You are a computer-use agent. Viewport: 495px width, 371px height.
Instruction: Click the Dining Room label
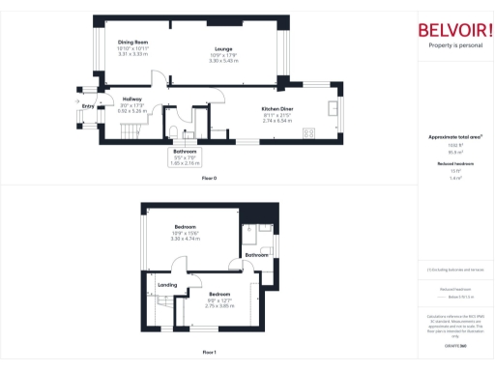click(132, 43)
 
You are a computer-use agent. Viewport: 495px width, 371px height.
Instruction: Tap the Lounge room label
click(223, 47)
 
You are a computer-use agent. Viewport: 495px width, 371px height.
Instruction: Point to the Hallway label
click(132, 100)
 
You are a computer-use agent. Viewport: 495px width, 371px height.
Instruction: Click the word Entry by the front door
click(88, 105)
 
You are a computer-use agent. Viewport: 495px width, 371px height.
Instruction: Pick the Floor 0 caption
click(209, 179)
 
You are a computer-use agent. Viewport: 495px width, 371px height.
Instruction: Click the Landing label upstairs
click(167, 285)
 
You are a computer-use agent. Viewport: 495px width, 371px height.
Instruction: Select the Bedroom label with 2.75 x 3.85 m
click(220, 293)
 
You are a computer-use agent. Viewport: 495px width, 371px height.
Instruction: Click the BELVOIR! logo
click(454, 29)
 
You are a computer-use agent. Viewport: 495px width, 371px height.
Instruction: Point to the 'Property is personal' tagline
click(454, 45)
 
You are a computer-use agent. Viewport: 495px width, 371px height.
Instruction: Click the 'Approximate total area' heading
click(454, 138)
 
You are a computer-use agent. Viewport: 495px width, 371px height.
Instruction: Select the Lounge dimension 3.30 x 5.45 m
click(223, 60)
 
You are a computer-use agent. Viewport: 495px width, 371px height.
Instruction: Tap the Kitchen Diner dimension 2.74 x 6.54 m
click(277, 121)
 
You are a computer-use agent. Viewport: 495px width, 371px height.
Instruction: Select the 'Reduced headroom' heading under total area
click(454, 164)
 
